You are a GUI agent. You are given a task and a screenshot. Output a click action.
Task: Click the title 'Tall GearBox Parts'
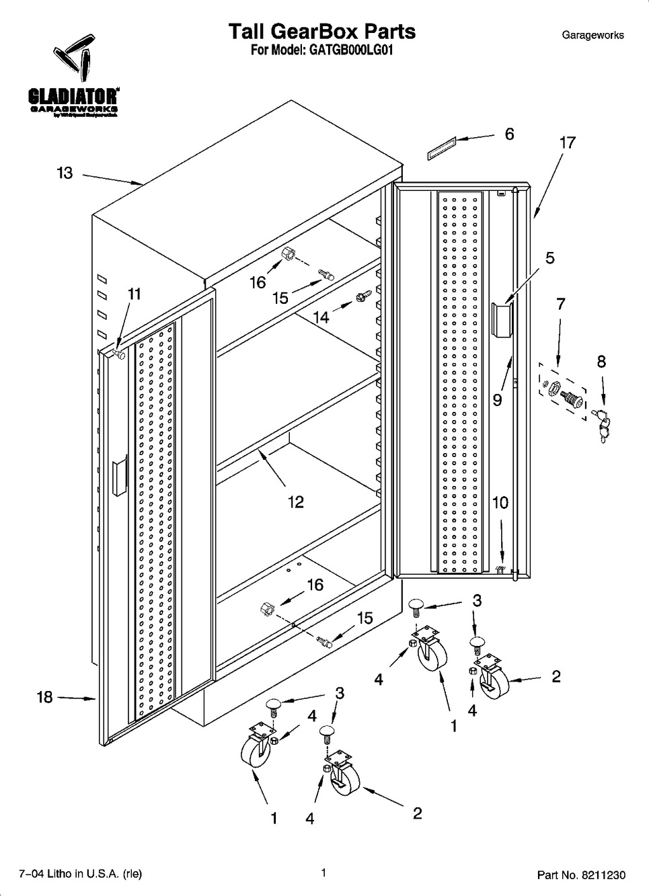[321, 32]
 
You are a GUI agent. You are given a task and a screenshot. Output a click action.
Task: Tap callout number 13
[64, 173]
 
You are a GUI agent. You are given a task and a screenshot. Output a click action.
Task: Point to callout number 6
[509, 134]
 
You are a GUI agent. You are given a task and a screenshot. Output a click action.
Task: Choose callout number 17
[567, 142]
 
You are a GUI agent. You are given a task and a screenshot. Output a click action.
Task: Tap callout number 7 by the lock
[560, 304]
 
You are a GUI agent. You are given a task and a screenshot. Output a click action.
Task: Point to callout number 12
[295, 501]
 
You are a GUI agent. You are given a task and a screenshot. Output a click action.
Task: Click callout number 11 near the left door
[135, 294]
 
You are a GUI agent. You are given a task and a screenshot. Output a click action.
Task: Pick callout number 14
[321, 317]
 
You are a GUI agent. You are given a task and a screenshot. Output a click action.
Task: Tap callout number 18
[44, 697]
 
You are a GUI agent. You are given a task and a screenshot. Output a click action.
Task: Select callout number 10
[500, 502]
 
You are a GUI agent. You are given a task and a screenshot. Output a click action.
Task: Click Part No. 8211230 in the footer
[581, 874]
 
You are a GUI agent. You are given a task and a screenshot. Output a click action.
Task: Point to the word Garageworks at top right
[593, 35]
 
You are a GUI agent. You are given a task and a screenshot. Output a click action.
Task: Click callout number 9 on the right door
[497, 401]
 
